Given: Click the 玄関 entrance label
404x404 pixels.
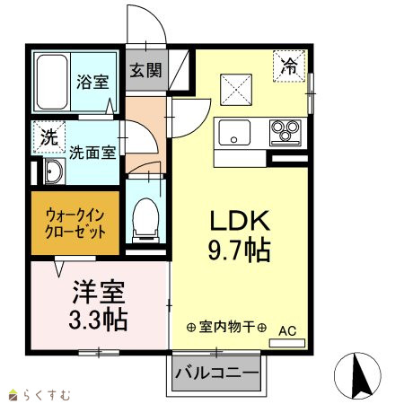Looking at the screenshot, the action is (x=145, y=70).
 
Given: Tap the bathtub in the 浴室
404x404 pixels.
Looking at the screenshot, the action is (x=52, y=82).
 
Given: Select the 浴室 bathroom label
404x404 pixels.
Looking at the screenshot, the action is (x=92, y=82).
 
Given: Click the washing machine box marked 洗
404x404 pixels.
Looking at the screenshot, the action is (x=48, y=136).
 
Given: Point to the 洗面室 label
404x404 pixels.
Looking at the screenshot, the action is (x=92, y=153).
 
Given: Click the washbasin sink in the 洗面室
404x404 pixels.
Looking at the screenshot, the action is (x=54, y=171).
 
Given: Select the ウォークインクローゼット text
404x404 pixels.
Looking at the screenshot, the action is (x=75, y=224).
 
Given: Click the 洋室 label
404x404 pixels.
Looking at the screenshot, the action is (x=99, y=292).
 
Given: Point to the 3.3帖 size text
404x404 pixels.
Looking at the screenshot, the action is (x=98, y=320).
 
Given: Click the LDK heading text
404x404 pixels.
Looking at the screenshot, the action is (x=240, y=221).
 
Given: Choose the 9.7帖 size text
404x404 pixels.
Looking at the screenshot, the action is (x=240, y=250).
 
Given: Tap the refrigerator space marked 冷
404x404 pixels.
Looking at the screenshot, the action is (x=289, y=66).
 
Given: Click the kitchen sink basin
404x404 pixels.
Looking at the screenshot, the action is (x=234, y=132).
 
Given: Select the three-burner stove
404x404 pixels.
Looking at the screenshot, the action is (x=285, y=133).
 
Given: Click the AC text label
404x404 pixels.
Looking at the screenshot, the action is (x=287, y=331).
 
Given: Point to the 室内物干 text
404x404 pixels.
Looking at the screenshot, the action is (x=226, y=327).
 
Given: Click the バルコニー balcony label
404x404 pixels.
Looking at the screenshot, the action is (x=216, y=373).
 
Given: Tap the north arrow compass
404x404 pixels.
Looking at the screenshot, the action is (x=357, y=375).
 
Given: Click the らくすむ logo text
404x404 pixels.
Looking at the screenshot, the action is (x=47, y=395).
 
